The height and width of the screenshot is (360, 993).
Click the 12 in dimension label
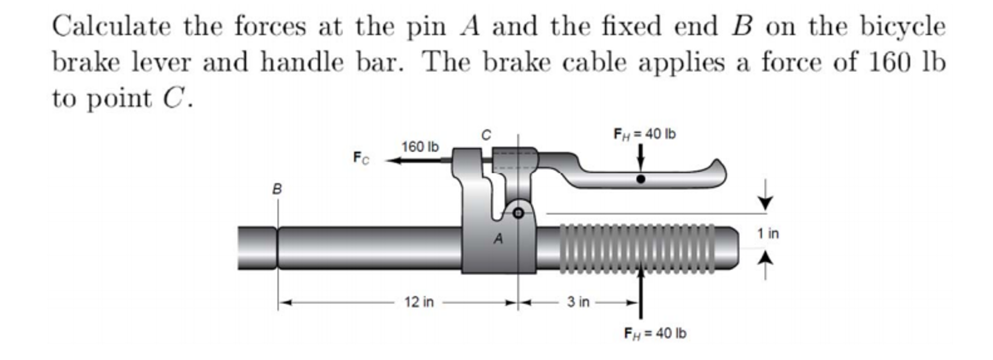coord(419,302)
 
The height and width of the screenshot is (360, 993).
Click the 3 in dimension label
coord(578,302)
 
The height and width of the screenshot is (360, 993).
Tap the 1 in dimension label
coord(768,234)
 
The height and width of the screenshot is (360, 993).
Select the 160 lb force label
coord(420,147)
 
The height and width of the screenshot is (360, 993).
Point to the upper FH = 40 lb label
coord(645,134)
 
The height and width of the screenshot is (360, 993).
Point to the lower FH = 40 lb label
coord(655,333)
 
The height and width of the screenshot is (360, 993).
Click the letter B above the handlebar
coord(277,189)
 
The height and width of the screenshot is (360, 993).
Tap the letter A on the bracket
coord(498,239)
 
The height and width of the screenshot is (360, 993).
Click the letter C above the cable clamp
coord(486,134)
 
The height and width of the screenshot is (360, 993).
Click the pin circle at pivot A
coord(518,213)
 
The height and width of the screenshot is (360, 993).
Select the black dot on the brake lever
coord(641,179)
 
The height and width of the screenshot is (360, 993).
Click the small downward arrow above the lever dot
coord(641,157)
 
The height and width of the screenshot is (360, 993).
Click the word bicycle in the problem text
coord(903,27)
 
